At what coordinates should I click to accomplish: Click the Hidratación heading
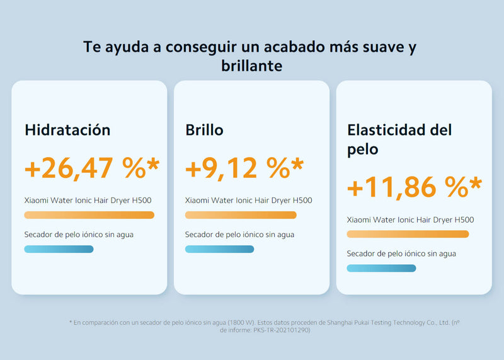click(x=67, y=130)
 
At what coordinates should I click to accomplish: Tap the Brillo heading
click(x=204, y=130)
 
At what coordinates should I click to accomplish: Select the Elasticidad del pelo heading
click(x=399, y=139)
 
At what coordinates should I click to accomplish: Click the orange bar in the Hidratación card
click(x=89, y=215)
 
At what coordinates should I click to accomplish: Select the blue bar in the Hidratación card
click(x=59, y=249)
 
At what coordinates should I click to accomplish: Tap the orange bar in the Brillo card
click(x=241, y=215)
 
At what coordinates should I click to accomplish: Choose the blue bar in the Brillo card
click(x=219, y=249)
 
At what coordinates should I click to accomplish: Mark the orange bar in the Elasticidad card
click(x=408, y=234)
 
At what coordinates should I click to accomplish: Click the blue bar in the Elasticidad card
click(x=382, y=269)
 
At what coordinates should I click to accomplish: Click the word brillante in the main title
click(x=251, y=66)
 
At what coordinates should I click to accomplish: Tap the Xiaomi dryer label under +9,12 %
click(x=248, y=200)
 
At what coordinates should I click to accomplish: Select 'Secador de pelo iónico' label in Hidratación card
click(x=79, y=235)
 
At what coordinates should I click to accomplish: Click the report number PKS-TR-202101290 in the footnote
click(x=281, y=330)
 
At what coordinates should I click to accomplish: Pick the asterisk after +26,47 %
click(x=153, y=164)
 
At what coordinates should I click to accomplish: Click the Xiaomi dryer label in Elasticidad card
click(x=411, y=220)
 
